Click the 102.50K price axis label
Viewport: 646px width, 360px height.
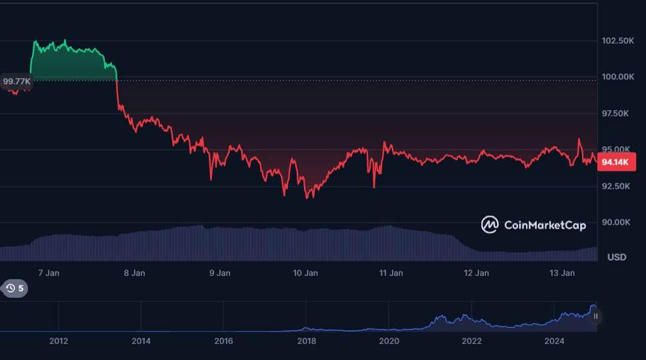tap(617, 41)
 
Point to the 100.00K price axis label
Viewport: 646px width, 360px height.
tap(617, 77)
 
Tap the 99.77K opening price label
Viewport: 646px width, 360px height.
tap(17, 81)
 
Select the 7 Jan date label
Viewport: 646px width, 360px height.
tap(49, 273)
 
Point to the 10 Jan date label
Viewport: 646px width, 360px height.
tap(305, 273)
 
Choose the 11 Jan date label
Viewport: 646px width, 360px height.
tap(391, 273)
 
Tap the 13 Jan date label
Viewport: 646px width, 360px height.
tap(561, 273)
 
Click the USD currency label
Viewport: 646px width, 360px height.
tap(617, 257)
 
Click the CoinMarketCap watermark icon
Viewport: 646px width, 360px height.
tap(490, 225)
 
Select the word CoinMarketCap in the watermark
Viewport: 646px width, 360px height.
tap(545, 225)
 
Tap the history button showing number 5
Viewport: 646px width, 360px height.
tap(14, 289)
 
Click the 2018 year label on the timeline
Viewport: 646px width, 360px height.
tap(306, 341)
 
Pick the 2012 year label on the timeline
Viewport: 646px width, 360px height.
tap(59, 341)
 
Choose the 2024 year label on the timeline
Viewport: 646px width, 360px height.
tap(554, 341)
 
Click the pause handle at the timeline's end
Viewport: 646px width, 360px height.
tap(595, 316)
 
